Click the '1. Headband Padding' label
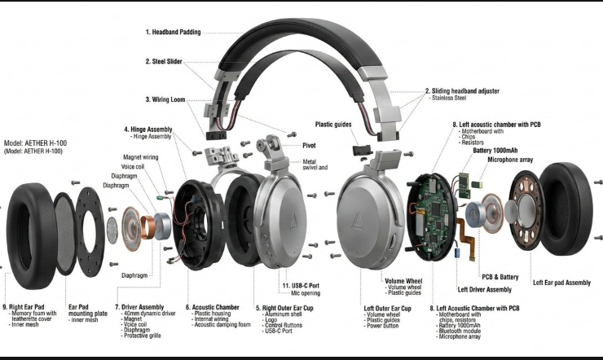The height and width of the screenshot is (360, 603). click(173, 33)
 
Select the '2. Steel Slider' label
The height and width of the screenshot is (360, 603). click(164, 61)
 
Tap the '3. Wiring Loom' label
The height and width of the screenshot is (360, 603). click(165, 99)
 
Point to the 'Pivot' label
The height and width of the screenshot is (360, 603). click(309, 146)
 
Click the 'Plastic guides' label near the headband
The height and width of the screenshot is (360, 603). click(333, 125)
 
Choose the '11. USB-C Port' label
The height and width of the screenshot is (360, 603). click(301, 285)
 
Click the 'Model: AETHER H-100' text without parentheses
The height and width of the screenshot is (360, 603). click(35, 143)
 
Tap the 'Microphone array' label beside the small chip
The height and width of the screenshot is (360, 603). click(510, 160)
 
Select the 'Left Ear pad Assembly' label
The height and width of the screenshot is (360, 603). click(561, 283)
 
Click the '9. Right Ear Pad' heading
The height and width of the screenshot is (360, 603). click(24, 307)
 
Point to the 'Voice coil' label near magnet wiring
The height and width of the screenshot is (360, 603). click(133, 167)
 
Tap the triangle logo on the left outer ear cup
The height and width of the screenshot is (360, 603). click(357, 222)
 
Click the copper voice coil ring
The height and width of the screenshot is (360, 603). click(147, 227)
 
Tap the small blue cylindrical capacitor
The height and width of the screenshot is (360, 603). click(458, 252)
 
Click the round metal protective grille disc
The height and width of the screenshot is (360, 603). click(112, 230)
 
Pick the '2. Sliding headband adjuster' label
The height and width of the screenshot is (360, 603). click(462, 91)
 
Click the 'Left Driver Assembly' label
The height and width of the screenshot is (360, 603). click(485, 290)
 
